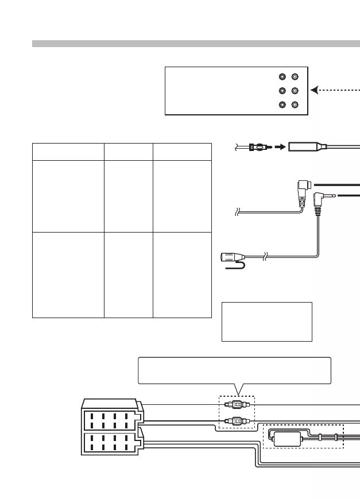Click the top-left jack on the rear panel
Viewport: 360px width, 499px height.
(x=282, y=77)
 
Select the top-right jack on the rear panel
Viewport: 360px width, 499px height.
(x=295, y=77)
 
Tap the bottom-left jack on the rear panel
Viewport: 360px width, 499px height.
(x=282, y=105)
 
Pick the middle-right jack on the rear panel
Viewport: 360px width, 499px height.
(x=295, y=91)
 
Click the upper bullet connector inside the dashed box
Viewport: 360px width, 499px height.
(x=237, y=404)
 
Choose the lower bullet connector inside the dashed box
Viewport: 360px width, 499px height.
(x=237, y=420)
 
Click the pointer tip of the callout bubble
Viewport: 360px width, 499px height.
(x=239, y=394)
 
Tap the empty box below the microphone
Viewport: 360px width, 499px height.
(x=266, y=322)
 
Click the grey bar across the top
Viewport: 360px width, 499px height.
(x=196, y=44)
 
